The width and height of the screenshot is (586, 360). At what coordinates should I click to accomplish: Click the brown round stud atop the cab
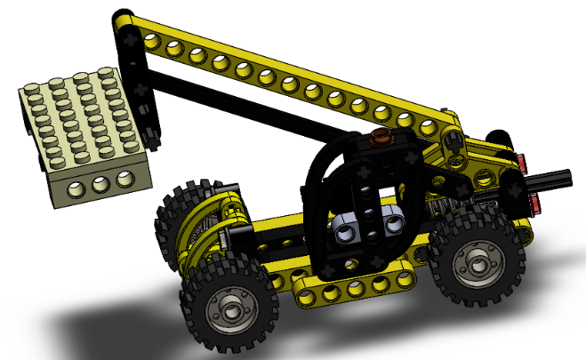coord(383,137)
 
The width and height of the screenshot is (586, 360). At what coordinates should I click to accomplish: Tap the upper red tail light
coord(524,164)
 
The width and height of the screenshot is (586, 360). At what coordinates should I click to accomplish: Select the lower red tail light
coord(536,204)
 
